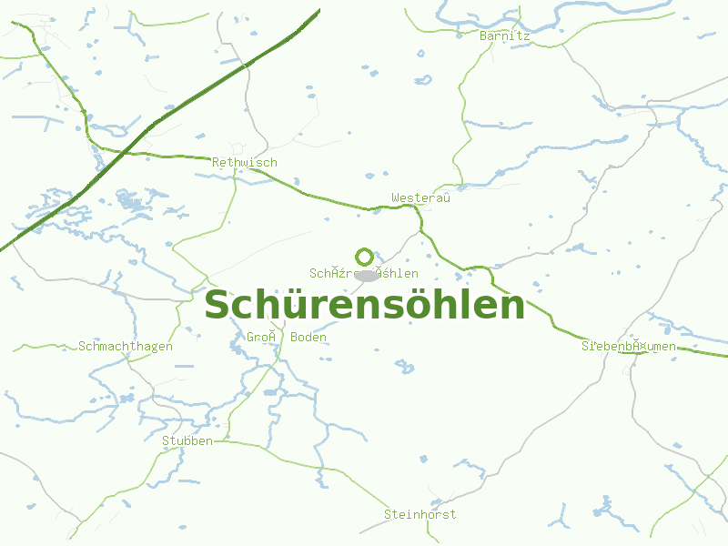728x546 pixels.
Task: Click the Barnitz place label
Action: click(x=505, y=35)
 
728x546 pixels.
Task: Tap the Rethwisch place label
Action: click(x=244, y=162)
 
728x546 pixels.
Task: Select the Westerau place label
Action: click(x=420, y=197)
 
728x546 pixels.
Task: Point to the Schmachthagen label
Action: click(x=126, y=346)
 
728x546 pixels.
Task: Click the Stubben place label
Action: click(x=187, y=440)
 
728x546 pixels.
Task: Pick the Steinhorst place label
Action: click(x=420, y=514)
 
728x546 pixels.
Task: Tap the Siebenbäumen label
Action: click(x=629, y=346)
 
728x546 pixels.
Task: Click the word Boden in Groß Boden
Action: click(x=308, y=337)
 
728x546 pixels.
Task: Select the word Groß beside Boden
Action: click(x=261, y=337)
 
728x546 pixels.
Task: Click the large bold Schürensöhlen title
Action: click(x=364, y=305)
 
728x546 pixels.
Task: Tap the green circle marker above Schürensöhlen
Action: click(x=365, y=258)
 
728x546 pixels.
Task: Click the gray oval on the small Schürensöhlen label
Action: click(x=367, y=275)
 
